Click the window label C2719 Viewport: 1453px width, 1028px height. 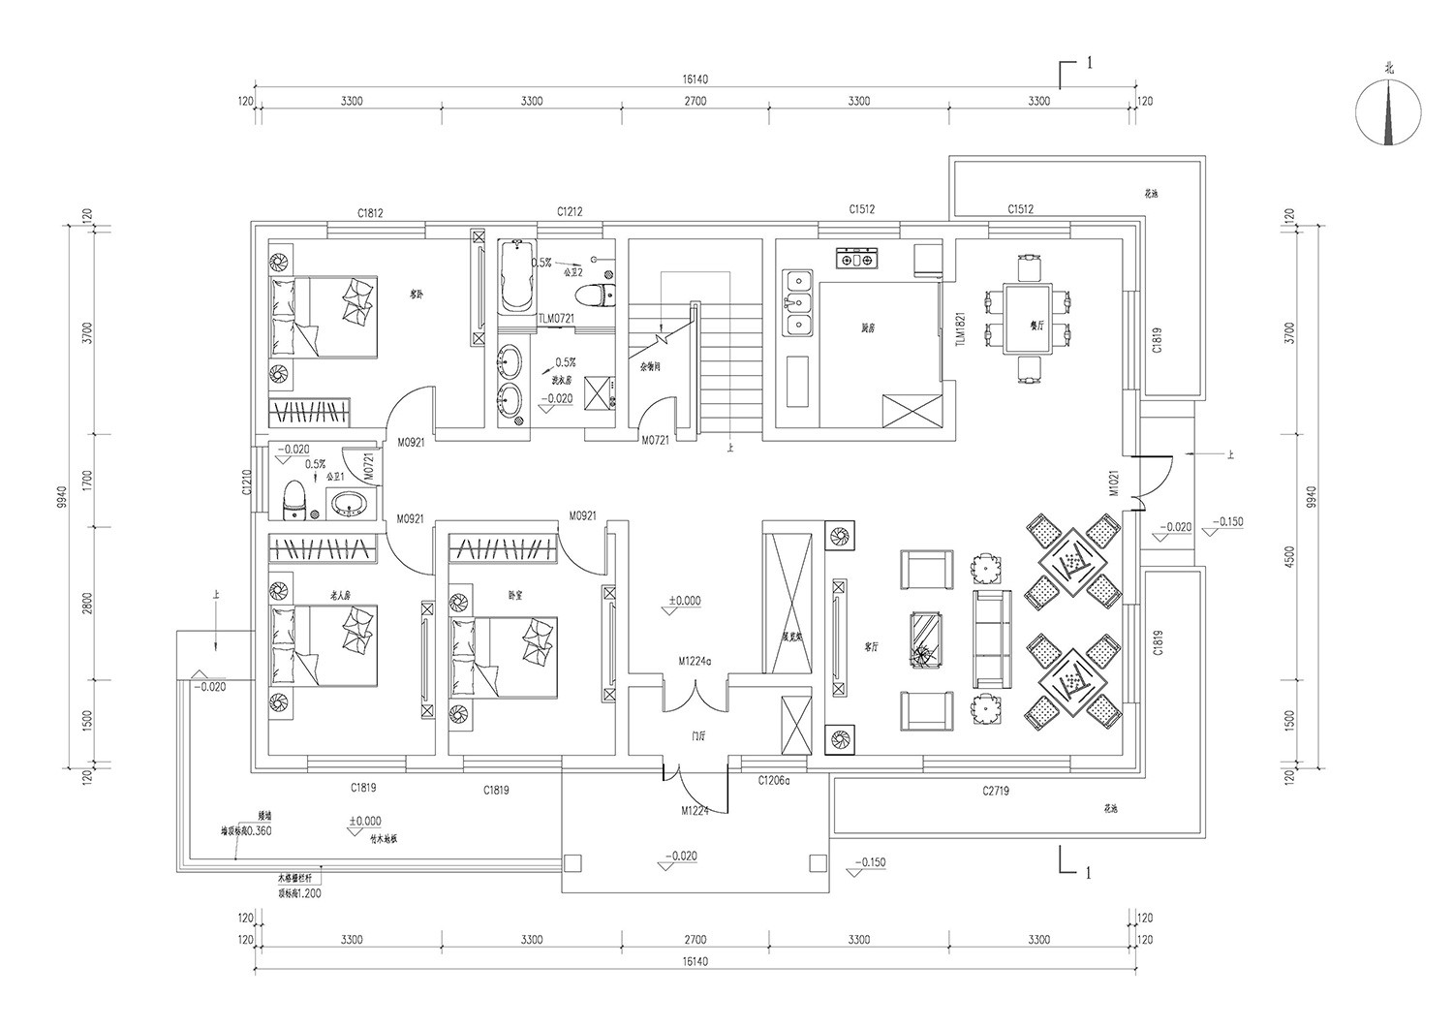[995, 791]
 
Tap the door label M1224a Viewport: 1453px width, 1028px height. [695, 661]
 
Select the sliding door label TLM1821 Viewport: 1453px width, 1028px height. [960, 329]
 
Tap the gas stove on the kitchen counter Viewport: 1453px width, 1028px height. [856, 259]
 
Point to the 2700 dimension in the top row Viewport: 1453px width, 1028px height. [695, 101]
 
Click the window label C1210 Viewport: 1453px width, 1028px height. [247, 482]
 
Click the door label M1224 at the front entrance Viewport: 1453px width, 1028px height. [695, 811]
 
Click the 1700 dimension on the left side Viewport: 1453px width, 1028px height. [87, 481]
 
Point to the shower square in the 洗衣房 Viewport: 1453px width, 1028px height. [601, 391]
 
